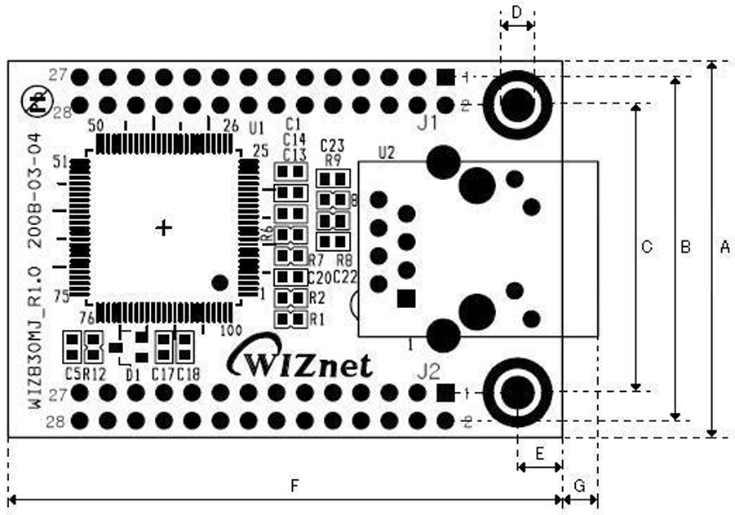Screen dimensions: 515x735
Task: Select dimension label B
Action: (685, 247)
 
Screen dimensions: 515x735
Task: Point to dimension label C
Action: (646, 247)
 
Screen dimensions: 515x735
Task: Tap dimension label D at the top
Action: (517, 11)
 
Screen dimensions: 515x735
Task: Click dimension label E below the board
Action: (539, 451)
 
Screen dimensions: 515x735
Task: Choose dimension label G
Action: (580, 486)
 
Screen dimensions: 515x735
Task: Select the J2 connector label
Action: (428, 372)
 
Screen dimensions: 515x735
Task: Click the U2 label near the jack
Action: (387, 152)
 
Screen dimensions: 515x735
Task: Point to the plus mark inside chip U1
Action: (164, 228)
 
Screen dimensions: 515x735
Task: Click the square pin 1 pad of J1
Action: (445, 77)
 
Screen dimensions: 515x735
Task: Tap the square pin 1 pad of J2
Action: (445, 393)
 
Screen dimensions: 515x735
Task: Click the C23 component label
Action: (332, 147)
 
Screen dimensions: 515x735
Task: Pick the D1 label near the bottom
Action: (133, 375)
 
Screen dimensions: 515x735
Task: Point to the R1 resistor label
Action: (317, 319)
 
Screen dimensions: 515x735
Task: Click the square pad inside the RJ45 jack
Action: (405, 298)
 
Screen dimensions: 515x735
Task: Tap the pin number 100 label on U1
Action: (231, 330)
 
